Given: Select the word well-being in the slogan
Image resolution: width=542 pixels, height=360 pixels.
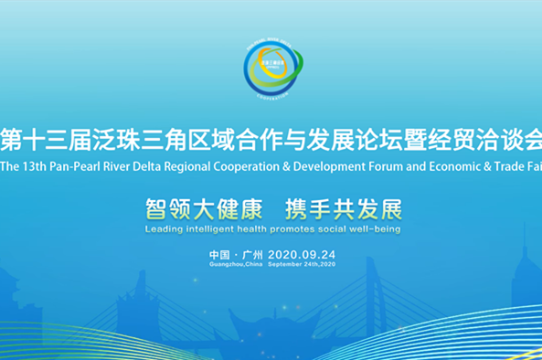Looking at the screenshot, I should (372, 228).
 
